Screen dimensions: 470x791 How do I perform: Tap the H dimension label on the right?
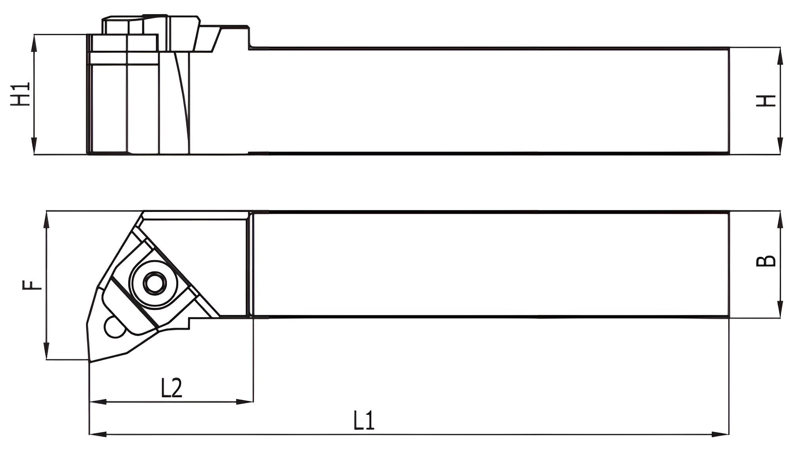coord(766,101)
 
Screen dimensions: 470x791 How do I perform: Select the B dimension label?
coord(766,261)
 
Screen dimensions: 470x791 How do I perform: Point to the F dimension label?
coord(32,285)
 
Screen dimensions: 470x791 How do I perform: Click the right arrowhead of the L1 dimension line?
coord(721,434)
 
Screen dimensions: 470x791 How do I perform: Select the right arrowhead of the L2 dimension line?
coord(245,402)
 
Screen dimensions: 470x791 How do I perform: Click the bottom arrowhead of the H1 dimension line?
coord(34,146)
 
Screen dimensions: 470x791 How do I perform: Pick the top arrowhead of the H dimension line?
coord(780,56)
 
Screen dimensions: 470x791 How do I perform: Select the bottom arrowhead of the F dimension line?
coord(47,352)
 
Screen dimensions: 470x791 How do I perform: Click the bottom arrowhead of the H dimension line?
coord(780,146)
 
